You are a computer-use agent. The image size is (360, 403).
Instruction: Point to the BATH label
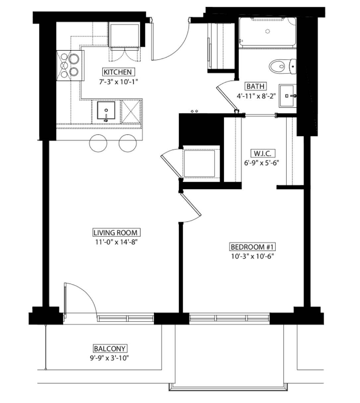(255, 86)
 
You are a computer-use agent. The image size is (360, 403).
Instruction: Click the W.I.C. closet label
(263, 153)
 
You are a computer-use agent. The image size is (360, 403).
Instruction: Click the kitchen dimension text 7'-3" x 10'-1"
(119, 82)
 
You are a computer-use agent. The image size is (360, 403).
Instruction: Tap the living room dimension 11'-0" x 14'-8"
(116, 242)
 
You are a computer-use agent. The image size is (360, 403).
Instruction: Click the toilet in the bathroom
(282, 66)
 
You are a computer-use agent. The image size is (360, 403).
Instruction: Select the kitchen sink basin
(106, 111)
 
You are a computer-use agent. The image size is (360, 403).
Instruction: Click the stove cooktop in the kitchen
(70, 66)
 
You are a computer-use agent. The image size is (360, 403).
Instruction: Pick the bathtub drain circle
(268, 31)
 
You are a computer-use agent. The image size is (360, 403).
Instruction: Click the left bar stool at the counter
(98, 143)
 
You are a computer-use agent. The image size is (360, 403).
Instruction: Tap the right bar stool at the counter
(128, 143)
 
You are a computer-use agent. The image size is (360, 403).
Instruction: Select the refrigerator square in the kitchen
(125, 35)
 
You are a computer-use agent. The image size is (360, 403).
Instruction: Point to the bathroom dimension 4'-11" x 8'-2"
(256, 96)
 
